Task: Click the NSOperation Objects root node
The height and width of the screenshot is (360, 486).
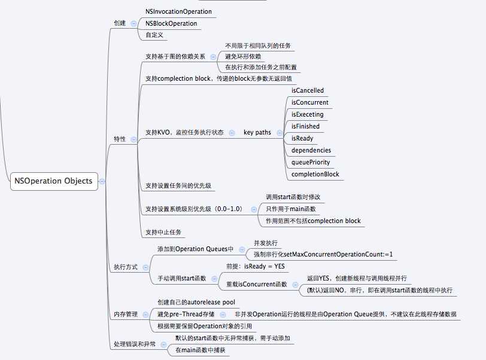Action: coord(53,181)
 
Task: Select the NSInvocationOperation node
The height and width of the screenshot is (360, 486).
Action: coord(178,11)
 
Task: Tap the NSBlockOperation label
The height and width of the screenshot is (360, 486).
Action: coord(171,23)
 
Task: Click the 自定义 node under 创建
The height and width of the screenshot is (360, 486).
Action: coord(154,35)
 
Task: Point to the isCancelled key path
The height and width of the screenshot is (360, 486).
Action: coord(308,90)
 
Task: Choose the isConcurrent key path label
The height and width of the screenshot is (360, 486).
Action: coord(310,102)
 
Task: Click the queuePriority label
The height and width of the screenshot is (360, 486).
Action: coord(311,162)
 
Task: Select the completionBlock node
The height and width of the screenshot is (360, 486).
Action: coord(315,174)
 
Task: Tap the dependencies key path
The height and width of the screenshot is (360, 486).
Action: coord(311,150)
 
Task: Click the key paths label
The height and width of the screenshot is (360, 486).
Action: coord(257,132)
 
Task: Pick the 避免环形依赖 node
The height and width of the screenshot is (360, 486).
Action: coord(242,56)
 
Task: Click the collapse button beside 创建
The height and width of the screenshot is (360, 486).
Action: coord(133,23)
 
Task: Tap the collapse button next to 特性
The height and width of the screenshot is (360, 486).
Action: coord(133,139)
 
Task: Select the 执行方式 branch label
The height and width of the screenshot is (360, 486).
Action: coord(126,267)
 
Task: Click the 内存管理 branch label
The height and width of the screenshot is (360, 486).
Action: coord(126,314)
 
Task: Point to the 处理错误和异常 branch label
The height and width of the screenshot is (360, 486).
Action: coord(135,344)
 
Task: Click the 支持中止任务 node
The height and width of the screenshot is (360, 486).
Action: coord(164,231)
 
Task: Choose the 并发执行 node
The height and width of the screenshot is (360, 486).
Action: coord(266,243)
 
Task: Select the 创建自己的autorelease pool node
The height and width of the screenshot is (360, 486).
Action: coord(196,302)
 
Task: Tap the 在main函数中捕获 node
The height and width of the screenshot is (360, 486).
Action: coord(200,350)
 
